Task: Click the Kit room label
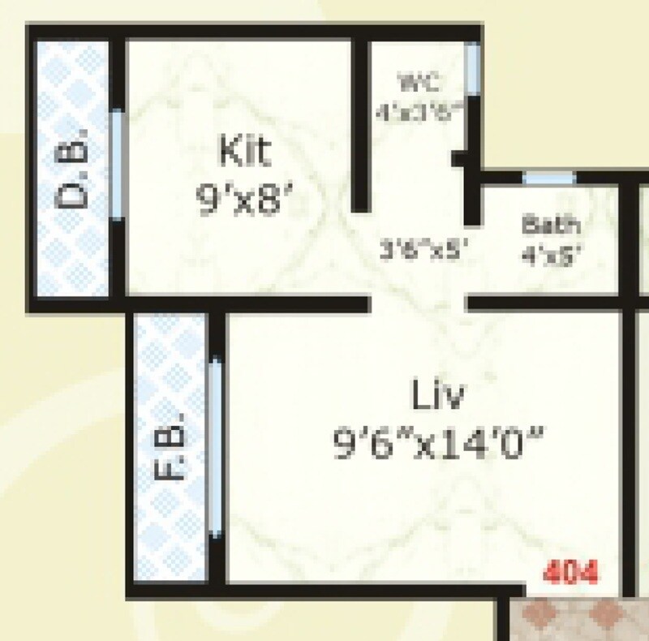click(243, 152)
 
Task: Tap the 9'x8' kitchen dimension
click(243, 199)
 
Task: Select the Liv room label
click(437, 397)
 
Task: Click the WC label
click(419, 82)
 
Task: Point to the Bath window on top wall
click(548, 178)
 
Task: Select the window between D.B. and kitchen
click(118, 164)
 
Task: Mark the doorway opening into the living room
click(419, 304)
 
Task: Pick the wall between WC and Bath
click(471, 195)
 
